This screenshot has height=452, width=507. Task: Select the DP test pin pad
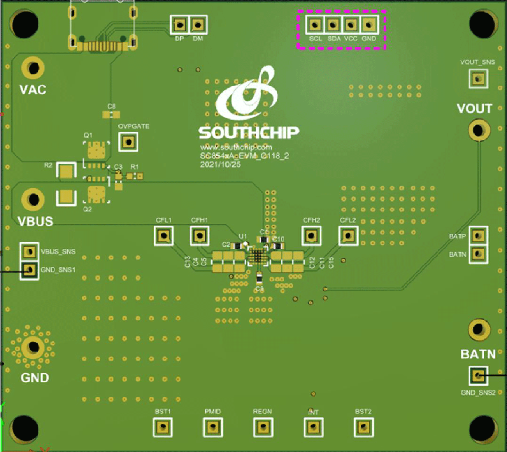tap(179, 24)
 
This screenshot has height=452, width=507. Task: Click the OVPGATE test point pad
tap(127, 141)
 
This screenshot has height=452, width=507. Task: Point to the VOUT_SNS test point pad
tap(478, 79)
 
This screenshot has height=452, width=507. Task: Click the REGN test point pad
tap(262, 427)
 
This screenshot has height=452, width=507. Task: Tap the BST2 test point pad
tap(363, 427)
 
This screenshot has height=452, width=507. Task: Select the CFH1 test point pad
tap(200, 235)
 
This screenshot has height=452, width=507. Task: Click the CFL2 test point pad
tap(348, 235)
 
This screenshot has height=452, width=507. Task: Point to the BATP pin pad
tap(478, 235)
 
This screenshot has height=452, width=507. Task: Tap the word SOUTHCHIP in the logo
tap(248, 132)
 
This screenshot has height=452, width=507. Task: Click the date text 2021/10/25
tap(221, 165)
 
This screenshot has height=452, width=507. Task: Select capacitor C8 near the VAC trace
tap(111, 115)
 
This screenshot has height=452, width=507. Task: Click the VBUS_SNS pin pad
tap(29, 252)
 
